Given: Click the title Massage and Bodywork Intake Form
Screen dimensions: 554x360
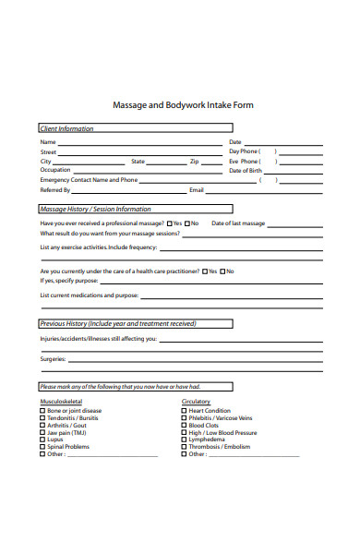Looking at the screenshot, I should pos(182,105).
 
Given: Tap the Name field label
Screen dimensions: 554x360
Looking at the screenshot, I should pos(48,142).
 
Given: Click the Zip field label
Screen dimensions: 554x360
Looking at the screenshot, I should pos(194,162).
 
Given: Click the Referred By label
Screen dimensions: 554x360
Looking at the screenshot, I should pos(55,189).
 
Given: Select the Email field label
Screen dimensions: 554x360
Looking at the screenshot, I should pos(196,189).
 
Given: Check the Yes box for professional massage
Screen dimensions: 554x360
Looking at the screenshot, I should pos(171,223).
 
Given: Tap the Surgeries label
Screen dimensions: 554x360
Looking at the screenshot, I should pos(53,358).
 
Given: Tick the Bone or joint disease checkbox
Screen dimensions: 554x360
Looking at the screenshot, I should pos(42,411).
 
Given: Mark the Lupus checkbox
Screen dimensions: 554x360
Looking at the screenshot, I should pos(42,440).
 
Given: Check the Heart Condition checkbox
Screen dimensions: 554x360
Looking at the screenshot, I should pos(184,411).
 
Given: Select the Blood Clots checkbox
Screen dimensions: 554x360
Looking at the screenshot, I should pos(184,425).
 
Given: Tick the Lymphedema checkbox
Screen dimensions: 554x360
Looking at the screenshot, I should pos(184,440).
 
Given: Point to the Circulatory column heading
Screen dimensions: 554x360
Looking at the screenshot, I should pos(197,402).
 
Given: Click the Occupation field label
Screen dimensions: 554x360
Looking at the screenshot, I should pos(54,171).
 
